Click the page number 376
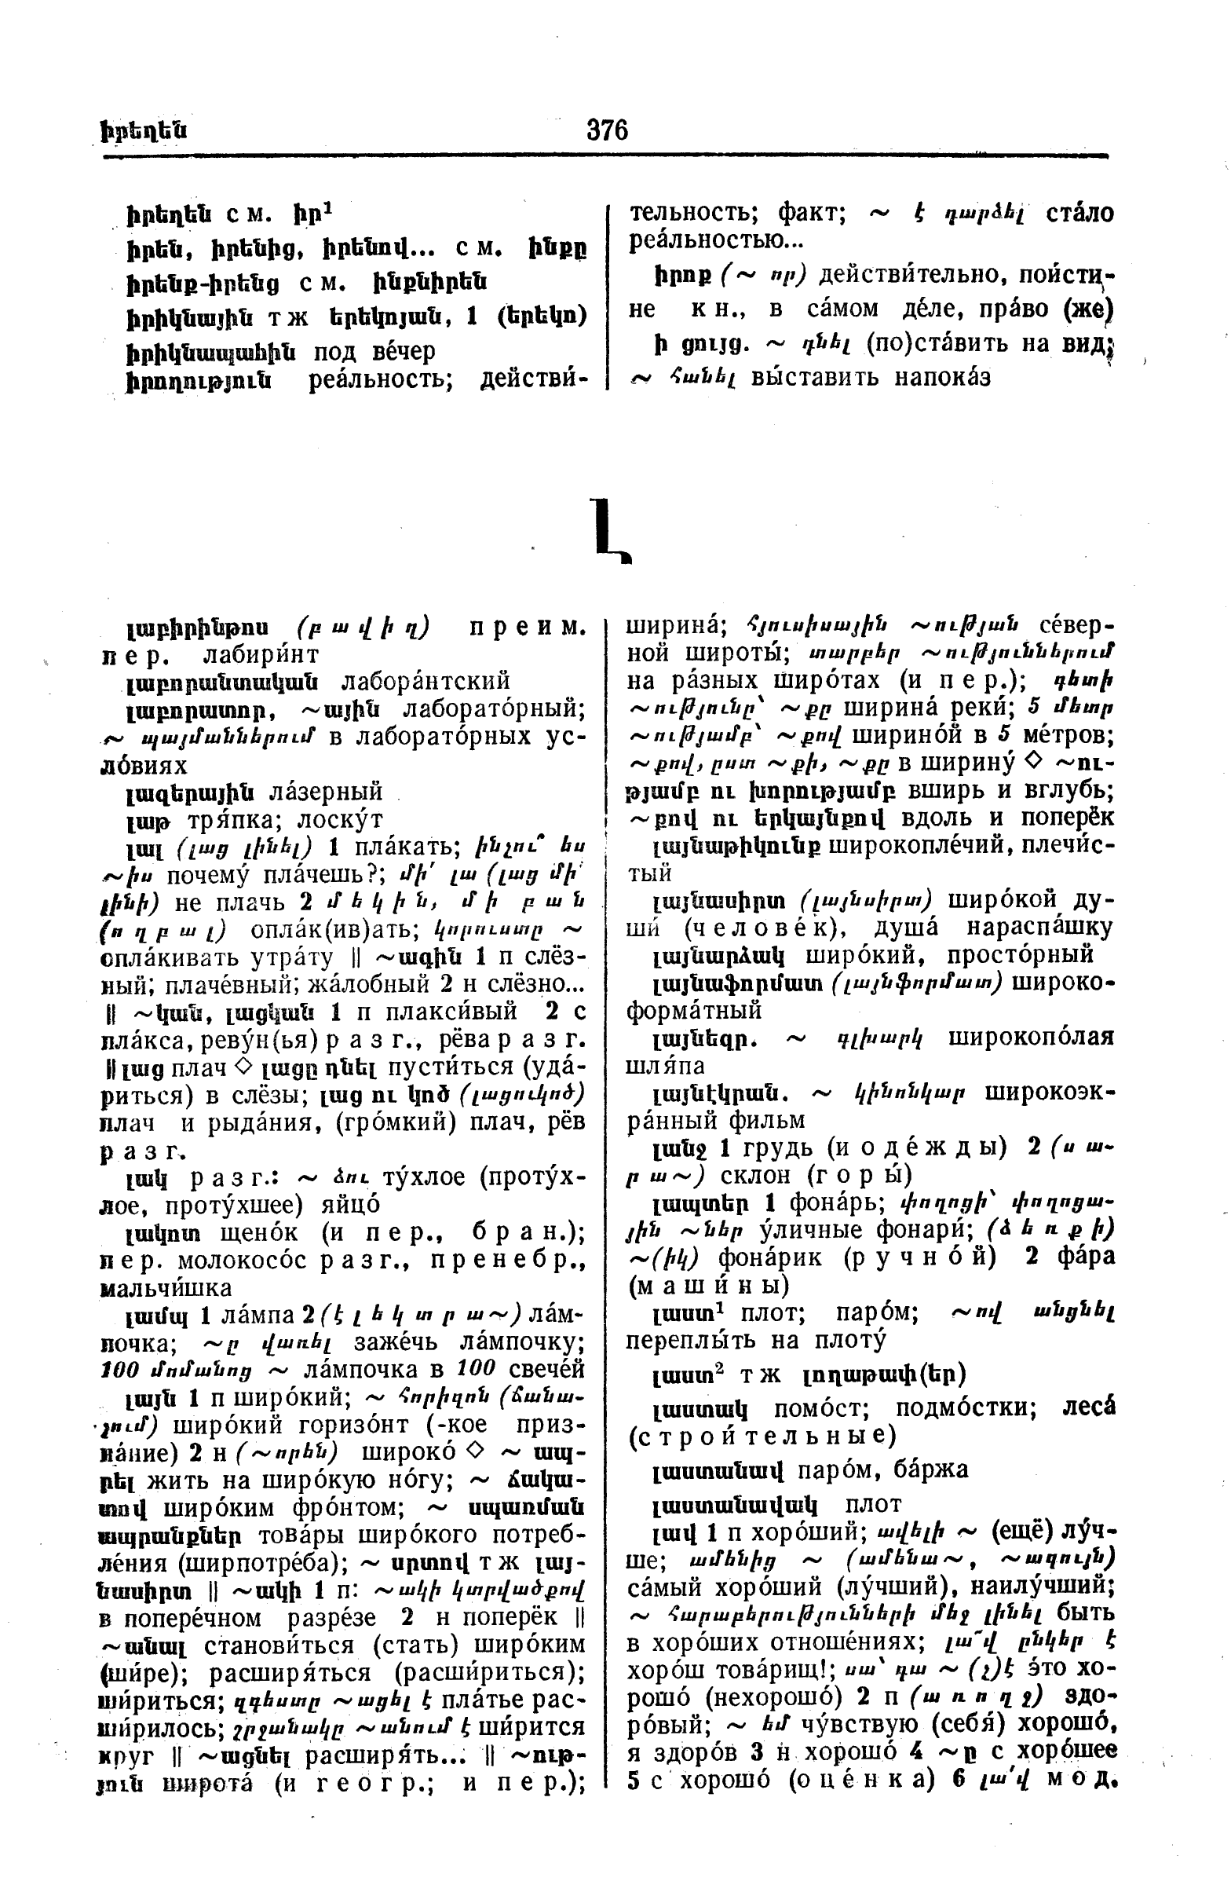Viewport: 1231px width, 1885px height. tap(607, 129)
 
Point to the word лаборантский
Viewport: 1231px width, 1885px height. tap(425, 681)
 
